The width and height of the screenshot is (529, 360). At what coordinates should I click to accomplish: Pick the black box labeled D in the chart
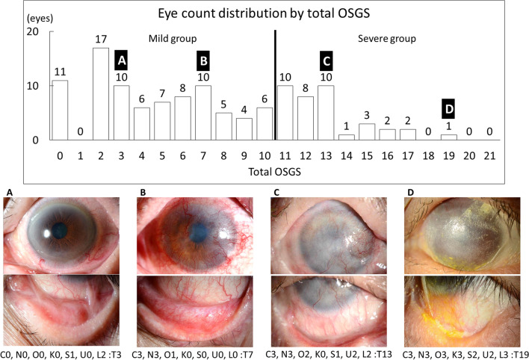point(448,108)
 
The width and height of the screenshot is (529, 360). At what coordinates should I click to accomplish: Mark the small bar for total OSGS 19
point(448,137)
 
